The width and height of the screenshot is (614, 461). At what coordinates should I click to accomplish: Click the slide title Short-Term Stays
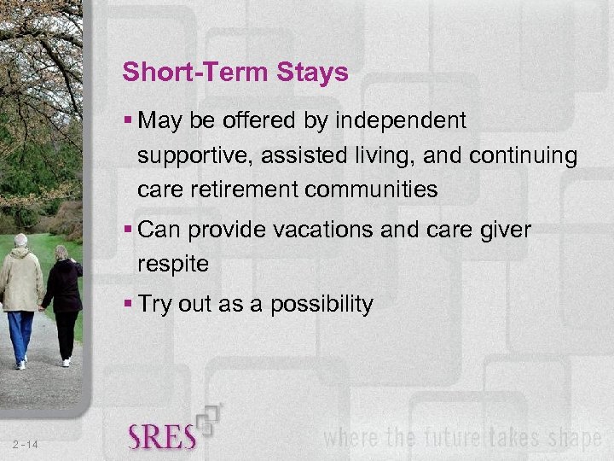[235, 73]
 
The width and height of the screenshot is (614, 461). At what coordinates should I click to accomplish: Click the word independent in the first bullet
[401, 121]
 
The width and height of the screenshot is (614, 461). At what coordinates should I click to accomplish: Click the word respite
[173, 264]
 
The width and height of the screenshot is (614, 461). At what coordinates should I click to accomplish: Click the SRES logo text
[162, 436]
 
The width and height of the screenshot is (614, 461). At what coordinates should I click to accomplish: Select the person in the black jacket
[63, 286]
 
